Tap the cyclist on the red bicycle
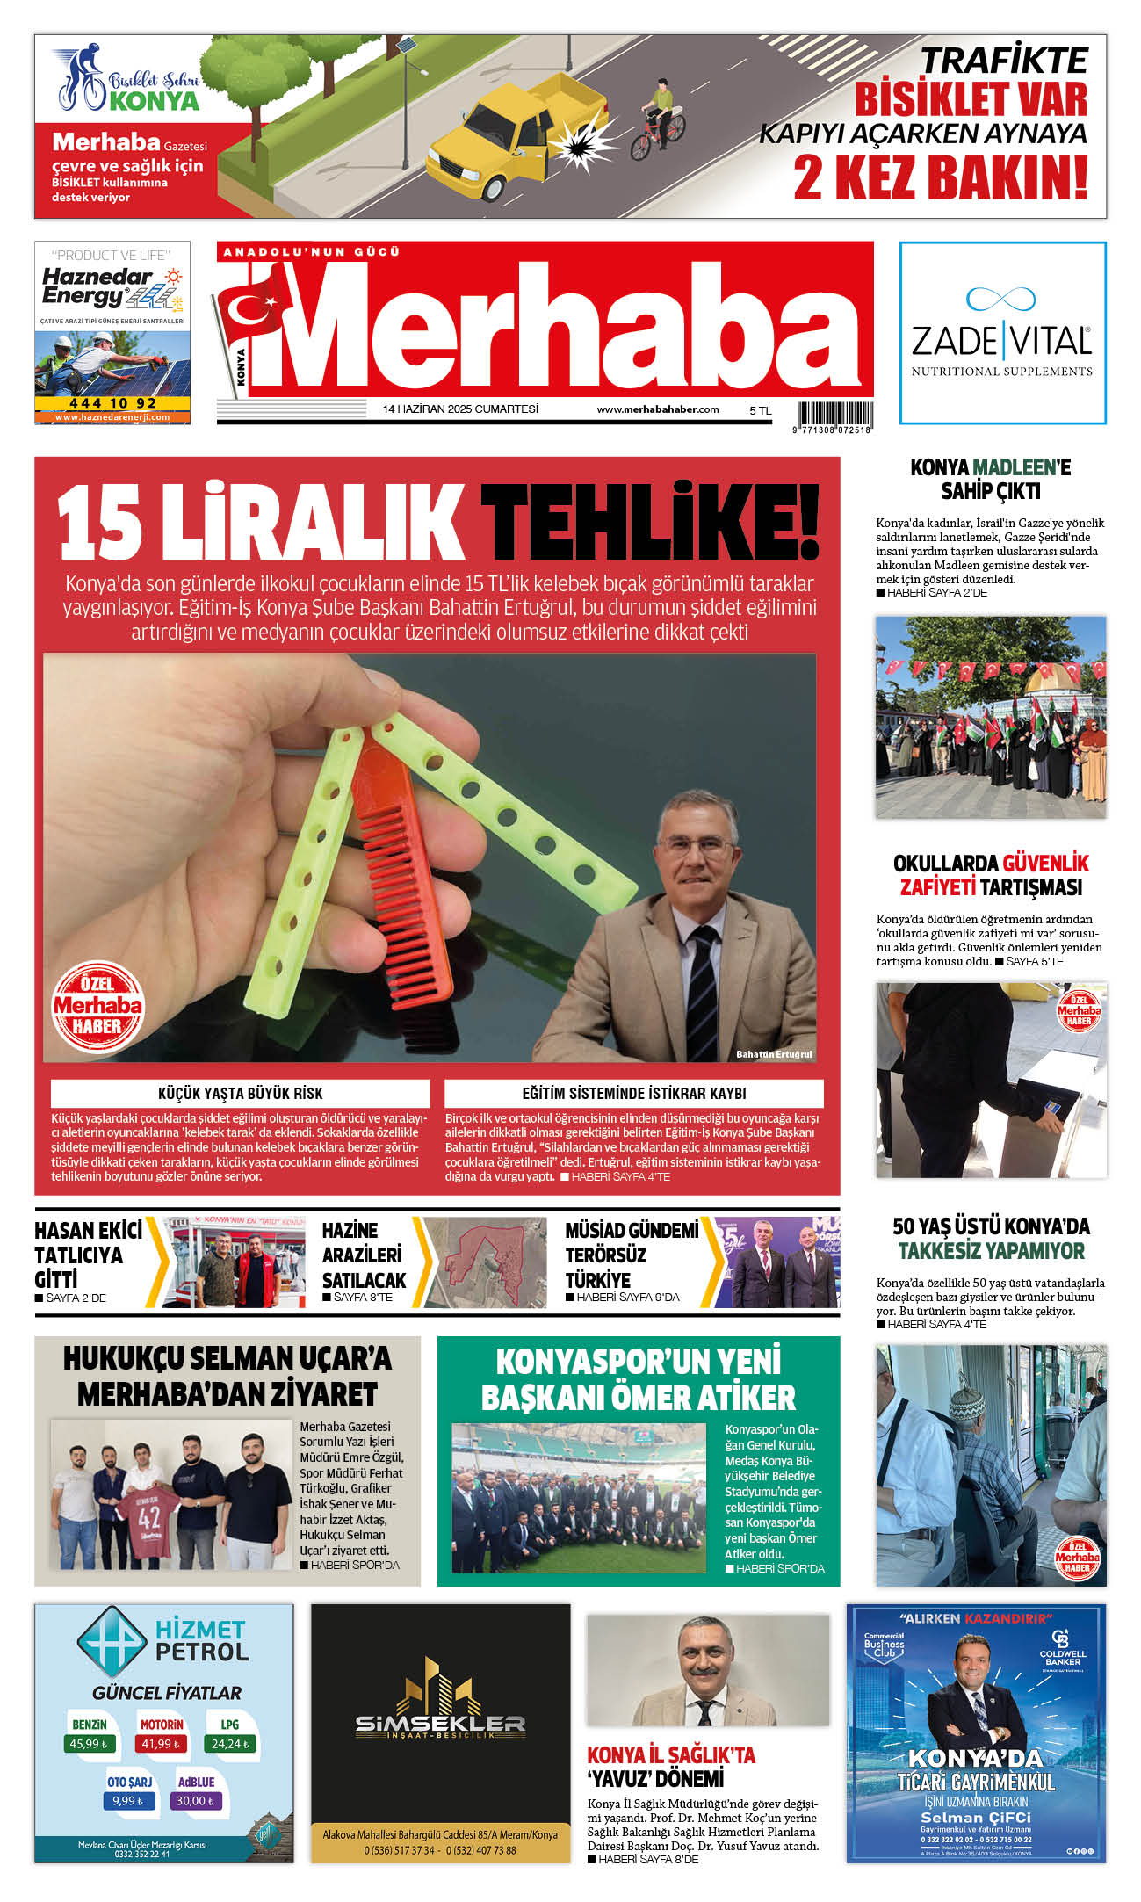click(661, 114)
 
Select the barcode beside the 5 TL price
click(834, 414)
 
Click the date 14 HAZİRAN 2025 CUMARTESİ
click(460, 409)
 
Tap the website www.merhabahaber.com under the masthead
click(658, 409)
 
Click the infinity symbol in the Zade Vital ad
click(1000, 299)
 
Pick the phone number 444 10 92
click(112, 403)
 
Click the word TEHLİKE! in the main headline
click(649, 524)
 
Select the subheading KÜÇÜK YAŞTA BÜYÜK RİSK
click(240, 1094)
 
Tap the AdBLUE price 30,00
click(195, 1801)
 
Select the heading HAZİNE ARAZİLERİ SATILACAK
click(364, 1255)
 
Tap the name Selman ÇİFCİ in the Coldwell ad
click(976, 1817)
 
